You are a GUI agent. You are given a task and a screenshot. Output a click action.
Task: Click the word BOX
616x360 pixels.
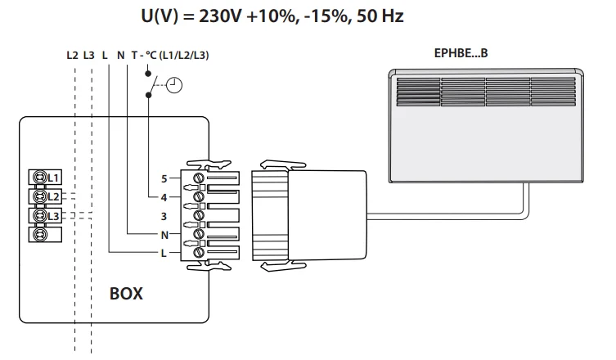pos(126,293)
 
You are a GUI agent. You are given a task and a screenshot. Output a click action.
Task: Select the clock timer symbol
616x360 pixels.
pos(174,83)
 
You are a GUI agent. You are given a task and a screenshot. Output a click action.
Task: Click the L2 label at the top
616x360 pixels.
pos(73,56)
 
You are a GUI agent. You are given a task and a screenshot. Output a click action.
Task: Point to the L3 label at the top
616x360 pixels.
pos(89,56)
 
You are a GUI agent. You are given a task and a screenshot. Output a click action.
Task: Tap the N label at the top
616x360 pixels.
pos(120,56)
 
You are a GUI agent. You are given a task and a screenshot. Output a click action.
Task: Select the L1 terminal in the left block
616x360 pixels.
pos(45,177)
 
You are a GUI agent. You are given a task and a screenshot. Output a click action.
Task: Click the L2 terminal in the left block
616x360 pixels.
pos(45,196)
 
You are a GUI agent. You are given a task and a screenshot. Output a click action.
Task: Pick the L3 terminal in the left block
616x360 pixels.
pos(45,216)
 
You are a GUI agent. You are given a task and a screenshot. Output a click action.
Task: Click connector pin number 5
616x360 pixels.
pos(164,178)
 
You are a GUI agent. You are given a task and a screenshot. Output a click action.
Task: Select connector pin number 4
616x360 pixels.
pos(164,197)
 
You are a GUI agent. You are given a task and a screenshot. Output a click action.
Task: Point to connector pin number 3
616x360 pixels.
pos(164,216)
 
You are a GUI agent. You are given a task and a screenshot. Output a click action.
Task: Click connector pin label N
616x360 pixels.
pos(164,235)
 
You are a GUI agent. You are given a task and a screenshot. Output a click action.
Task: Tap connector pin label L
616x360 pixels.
pos(164,254)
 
